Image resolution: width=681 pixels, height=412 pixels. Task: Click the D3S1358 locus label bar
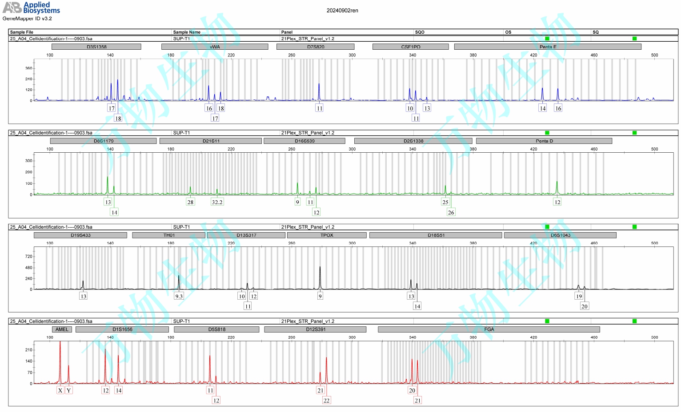[96, 47]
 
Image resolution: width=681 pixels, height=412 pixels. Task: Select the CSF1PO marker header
[410, 47]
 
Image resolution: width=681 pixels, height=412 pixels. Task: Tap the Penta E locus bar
[548, 47]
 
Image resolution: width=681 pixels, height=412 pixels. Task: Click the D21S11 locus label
[211, 141]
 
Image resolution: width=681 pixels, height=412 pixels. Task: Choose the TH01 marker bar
[169, 235]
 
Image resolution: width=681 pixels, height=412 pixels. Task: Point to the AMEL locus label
[62, 329]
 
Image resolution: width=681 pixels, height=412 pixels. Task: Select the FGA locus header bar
[489, 329]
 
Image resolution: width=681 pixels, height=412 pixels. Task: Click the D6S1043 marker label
[560, 235]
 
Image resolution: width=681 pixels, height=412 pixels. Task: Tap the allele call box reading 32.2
[217, 202]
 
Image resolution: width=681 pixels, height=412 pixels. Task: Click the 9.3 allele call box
[179, 296]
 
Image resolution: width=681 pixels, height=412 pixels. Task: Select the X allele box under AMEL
[60, 390]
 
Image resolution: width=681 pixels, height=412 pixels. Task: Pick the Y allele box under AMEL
[69, 390]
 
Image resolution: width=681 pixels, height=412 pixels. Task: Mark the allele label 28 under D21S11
[190, 202]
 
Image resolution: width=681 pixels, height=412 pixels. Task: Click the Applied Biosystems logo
[31, 8]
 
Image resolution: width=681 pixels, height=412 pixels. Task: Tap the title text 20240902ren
[342, 11]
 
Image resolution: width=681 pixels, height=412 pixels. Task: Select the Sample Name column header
[187, 32]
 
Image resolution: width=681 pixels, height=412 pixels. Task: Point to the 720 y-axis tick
[29, 257]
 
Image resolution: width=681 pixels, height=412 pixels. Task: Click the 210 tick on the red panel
[29, 350]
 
